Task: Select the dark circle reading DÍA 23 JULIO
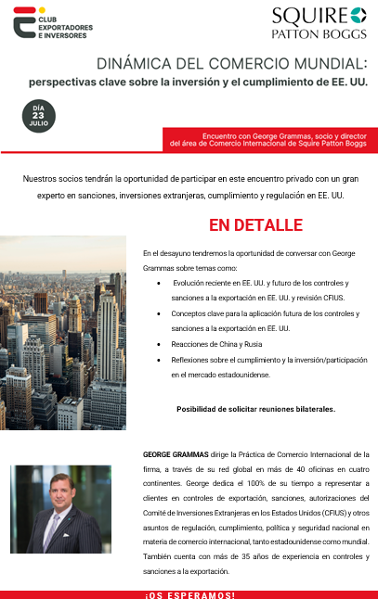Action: pos(39,117)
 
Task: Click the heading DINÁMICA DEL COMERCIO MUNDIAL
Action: pos(232,64)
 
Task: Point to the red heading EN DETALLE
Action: pos(255,225)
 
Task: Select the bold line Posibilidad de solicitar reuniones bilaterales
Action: pos(255,408)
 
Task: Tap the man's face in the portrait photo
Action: pos(62,493)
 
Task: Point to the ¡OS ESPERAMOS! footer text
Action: pos(189,593)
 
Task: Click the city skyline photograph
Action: pos(62,332)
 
